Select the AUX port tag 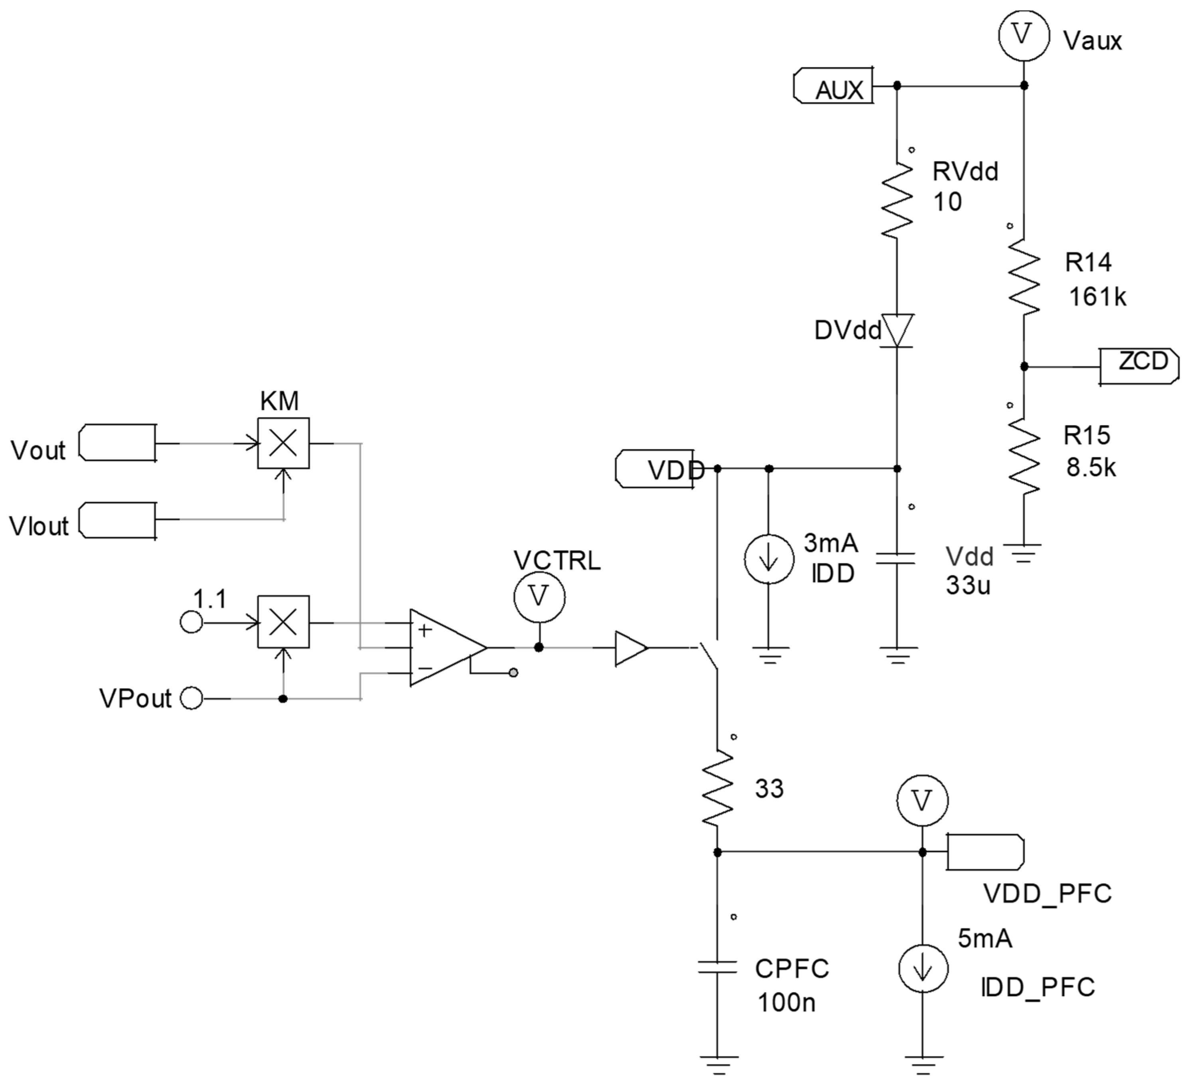pyautogui.click(x=834, y=87)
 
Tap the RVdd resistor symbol pyautogui.click(x=897, y=200)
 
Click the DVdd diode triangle pyautogui.click(x=897, y=330)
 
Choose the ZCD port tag pyautogui.click(x=1139, y=366)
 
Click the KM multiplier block pyautogui.click(x=283, y=443)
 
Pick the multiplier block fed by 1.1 pyautogui.click(x=283, y=622)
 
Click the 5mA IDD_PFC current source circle pyautogui.click(x=923, y=969)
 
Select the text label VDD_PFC pyautogui.click(x=1047, y=894)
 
